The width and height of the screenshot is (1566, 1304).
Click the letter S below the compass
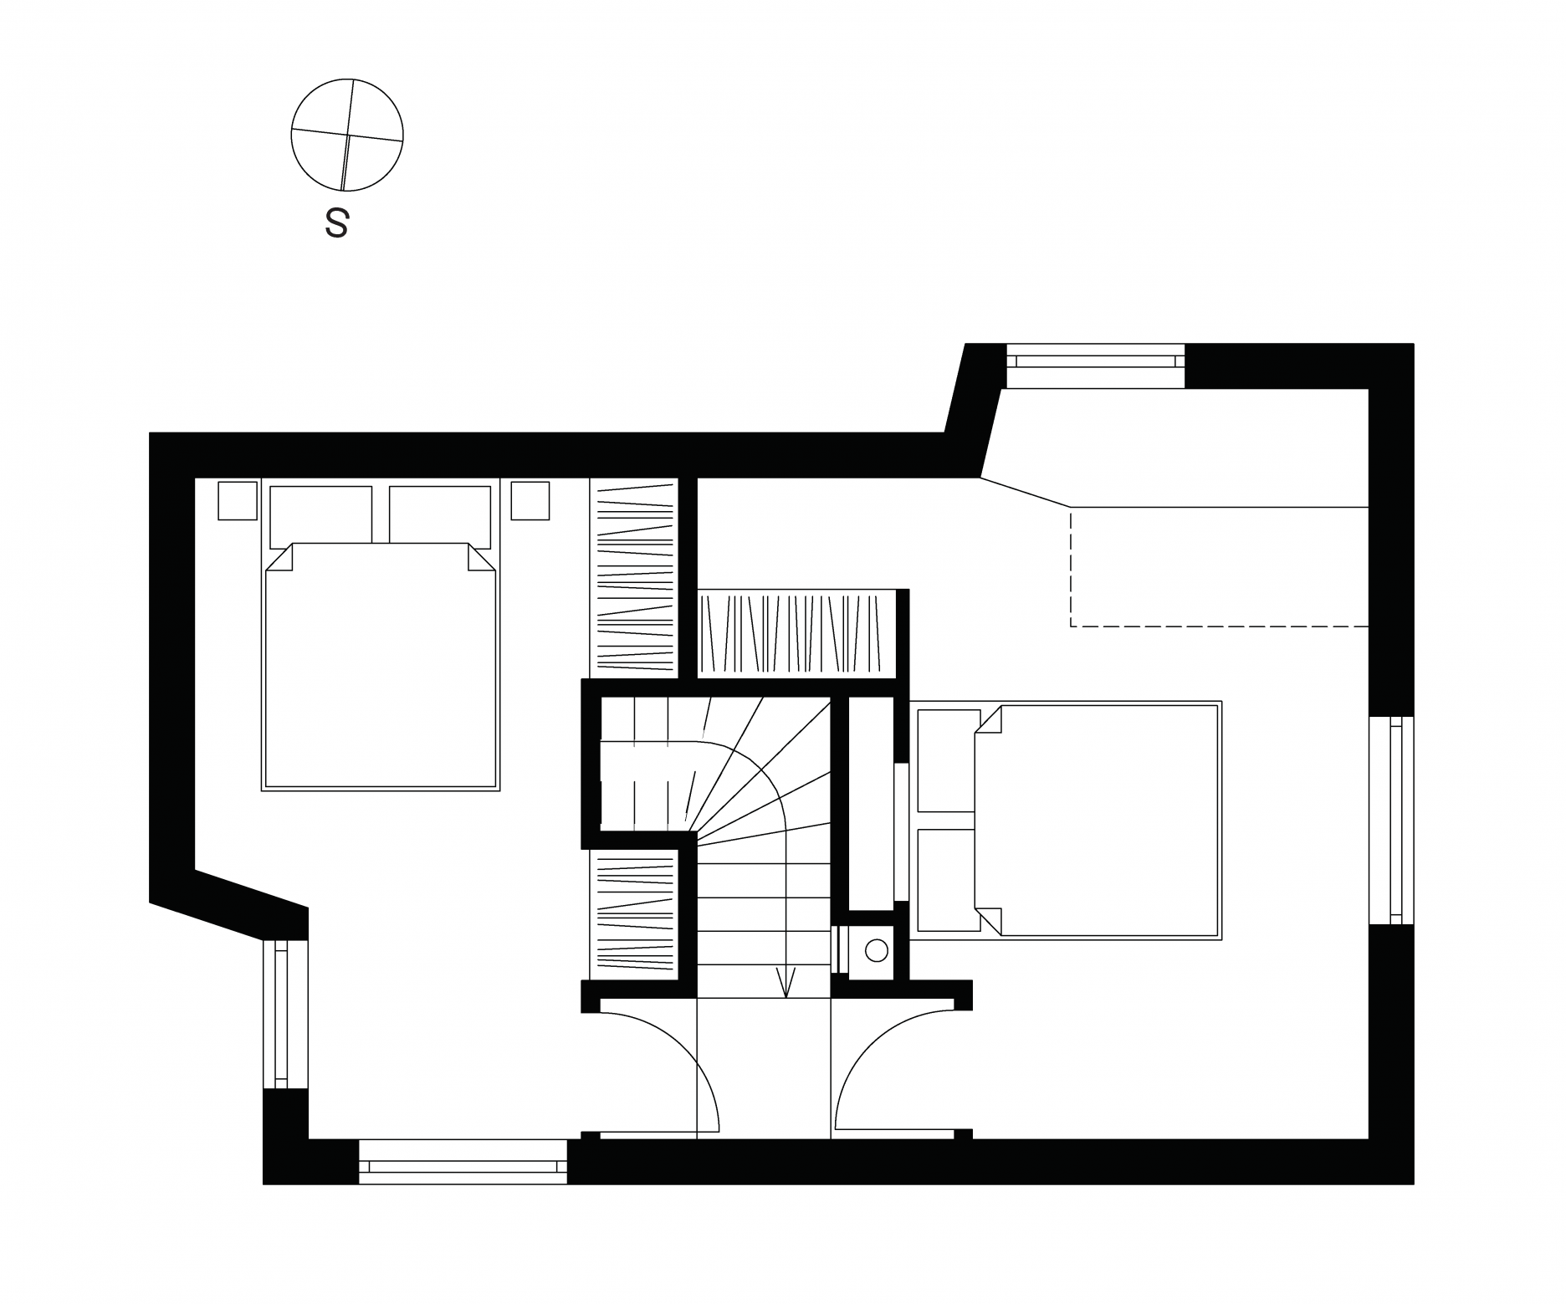336,223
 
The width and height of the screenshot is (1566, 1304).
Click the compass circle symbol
347,135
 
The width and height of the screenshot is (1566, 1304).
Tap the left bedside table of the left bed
238,500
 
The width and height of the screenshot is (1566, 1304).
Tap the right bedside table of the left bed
530,500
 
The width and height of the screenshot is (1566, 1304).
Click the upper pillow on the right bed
949,760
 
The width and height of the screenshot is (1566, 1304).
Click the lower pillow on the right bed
949,880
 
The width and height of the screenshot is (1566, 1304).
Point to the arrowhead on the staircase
785,984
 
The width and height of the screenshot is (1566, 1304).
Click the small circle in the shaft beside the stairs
876,950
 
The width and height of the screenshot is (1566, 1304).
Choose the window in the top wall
1096,366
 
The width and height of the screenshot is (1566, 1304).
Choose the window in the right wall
1391,821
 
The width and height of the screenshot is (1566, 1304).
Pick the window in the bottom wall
463,1161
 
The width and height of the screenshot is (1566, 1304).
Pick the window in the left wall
285,1015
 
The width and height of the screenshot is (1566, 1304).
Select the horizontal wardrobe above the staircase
797,633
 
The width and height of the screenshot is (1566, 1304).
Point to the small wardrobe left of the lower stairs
633,913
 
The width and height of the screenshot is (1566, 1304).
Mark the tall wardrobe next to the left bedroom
633,577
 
